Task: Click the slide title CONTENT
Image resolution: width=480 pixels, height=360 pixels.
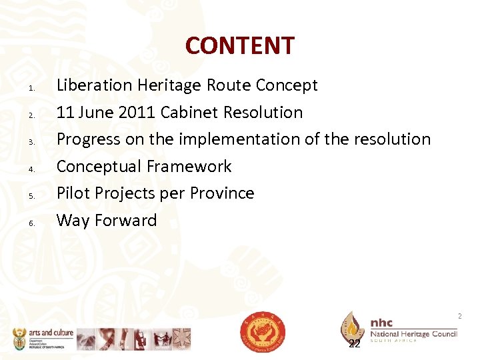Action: coord(239,45)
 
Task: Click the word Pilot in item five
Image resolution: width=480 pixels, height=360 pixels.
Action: coord(72,193)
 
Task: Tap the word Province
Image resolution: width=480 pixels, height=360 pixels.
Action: coord(222,193)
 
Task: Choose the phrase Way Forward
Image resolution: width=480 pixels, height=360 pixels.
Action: coord(107,220)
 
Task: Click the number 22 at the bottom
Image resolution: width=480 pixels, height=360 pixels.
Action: coord(355,343)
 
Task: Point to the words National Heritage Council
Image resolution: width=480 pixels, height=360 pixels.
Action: coord(414,333)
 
